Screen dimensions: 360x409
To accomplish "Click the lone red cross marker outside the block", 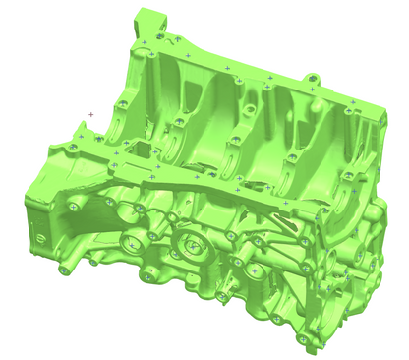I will coord(91,114).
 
